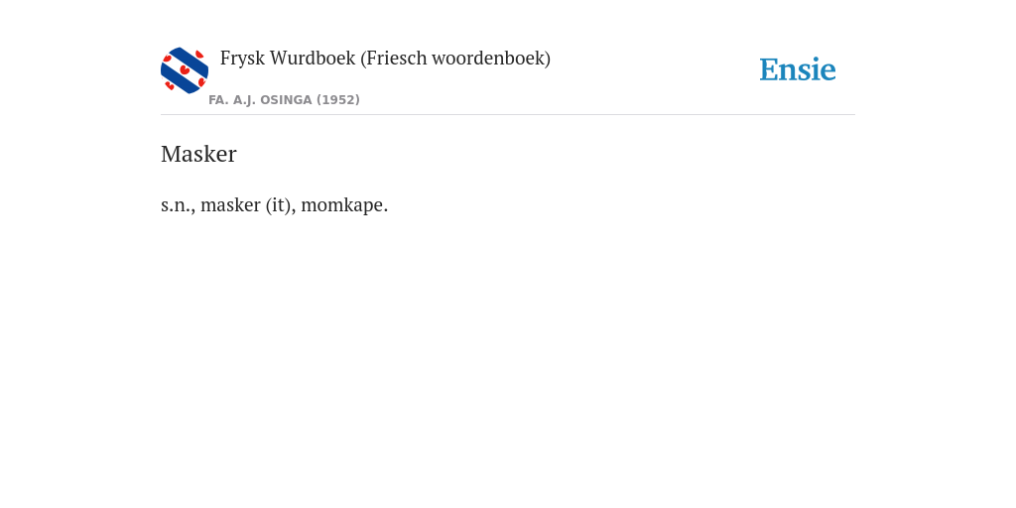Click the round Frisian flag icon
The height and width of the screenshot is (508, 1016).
[x=185, y=70]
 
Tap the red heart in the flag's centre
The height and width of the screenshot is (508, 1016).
[x=185, y=69]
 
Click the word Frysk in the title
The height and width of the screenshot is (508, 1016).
[x=242, y=59]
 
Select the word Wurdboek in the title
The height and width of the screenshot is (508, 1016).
[x=313, y=58]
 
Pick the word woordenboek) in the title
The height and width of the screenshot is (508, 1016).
[x=491, y=59]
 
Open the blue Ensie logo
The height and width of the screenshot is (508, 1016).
[x=798, y=69]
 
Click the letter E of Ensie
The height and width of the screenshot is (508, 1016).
[x=769, y=70]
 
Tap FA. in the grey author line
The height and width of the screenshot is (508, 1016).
[x=219, y=100]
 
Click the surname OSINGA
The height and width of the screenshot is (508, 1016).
[x=286, y=100]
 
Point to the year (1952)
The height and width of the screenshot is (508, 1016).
[x=338, y=100]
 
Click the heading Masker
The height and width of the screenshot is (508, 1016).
[x=198, y=154]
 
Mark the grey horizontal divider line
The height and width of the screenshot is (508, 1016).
[x=508, y=115]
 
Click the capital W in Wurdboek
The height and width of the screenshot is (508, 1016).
[x=280, y=59]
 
